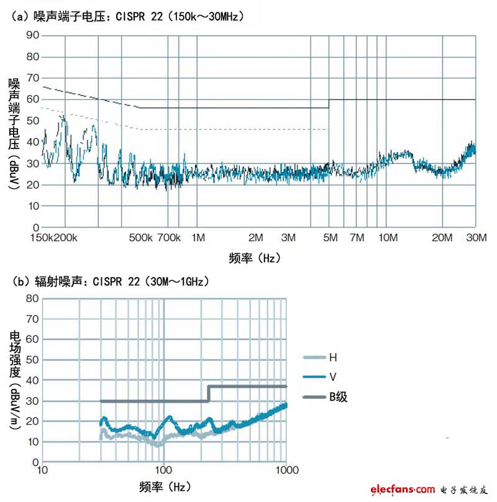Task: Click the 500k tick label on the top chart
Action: pyautogui.click(x=141, y=237)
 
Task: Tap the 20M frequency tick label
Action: pyautogui.click(x=443, y=237)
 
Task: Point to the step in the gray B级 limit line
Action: pyautogui.click(x=208, y=394)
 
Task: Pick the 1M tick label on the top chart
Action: pyautogui.click(x=198, y=237)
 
